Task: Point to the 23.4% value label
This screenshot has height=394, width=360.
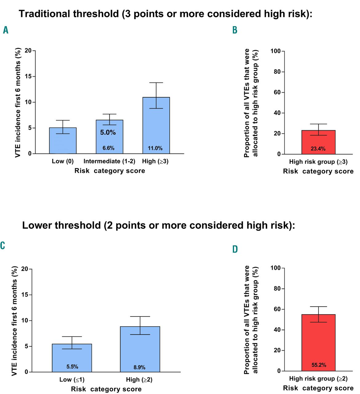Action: [318, 149]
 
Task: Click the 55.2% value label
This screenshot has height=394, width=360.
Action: [319, 365]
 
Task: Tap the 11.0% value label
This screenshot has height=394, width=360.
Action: [155, 148]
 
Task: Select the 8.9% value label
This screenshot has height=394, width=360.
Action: [140, 367]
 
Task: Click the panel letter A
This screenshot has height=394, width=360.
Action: [6, 30]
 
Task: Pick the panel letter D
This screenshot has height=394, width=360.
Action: [235, 249]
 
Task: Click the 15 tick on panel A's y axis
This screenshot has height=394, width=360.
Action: [28, 76]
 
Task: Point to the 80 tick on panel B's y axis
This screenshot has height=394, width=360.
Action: [277, 72]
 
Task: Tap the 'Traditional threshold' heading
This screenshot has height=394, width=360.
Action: [165, 14]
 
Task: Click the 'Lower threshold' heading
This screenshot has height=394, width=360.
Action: [159, 225]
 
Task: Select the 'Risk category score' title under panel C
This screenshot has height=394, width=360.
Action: [106, 389]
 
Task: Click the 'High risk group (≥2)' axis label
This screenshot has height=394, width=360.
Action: [318, 379]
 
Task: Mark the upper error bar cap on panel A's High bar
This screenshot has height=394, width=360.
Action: [156, 83]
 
